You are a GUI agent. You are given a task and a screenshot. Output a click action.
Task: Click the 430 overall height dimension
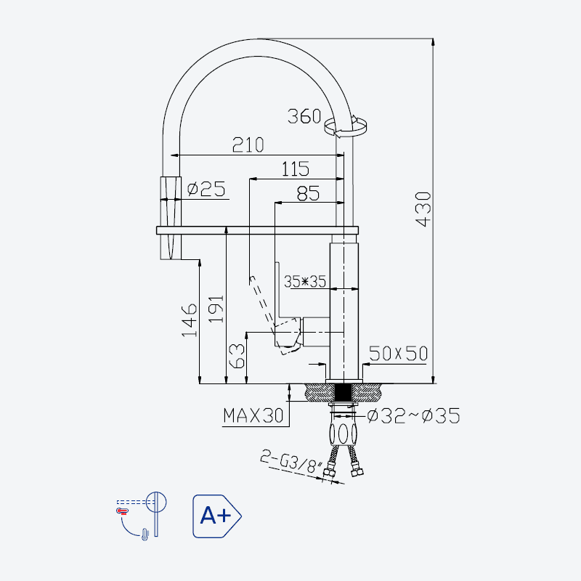423,209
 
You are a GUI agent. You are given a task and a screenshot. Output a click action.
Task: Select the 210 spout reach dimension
248,145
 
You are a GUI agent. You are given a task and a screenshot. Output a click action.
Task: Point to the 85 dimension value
308,193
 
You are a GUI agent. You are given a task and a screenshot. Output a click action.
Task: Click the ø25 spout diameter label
206,189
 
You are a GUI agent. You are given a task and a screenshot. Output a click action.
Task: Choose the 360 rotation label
304,116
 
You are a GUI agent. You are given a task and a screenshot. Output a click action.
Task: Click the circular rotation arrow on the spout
346,126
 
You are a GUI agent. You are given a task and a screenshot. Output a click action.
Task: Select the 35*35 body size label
304,282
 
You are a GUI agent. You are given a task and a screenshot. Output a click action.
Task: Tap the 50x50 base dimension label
398,354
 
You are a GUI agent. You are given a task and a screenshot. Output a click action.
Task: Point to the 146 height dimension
189,320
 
